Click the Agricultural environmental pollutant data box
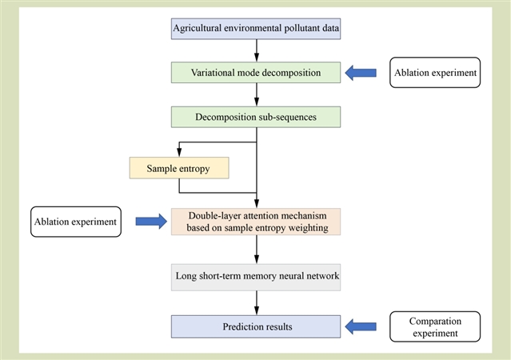[256, 29]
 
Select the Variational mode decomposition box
[256, 72]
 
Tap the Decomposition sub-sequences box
[256, 117]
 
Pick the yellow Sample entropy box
[179, 168]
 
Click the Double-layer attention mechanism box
[256, 222]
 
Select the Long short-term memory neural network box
[256, 277]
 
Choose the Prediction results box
[256, 326]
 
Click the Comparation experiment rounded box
[435, 326]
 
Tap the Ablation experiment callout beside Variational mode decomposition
[435, 72]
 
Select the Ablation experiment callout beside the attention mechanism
[76, 222]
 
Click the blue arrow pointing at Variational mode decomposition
[361, 73]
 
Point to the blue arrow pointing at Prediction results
[361, 326]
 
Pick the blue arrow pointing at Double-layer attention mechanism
[151, 222]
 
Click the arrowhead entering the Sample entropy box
[179, 152]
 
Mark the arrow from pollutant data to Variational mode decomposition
[257, 50]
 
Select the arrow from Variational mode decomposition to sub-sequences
[257, 94]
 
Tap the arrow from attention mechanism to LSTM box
[257, 250]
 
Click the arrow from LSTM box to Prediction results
[257, 303]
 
